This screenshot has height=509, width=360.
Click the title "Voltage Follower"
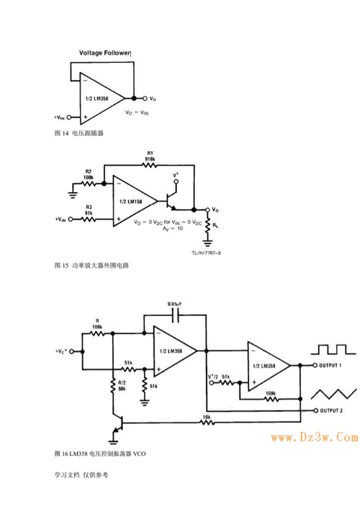coord(104,53)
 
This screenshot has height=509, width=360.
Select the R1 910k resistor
coord(149,166)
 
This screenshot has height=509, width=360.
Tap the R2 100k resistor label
coord(89,174)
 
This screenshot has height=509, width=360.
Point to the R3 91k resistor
coord(88,218)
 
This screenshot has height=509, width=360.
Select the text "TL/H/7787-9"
coord(206,252)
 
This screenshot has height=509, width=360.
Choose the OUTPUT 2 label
coord(331,410)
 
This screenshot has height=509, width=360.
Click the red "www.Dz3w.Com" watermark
coord(314,437)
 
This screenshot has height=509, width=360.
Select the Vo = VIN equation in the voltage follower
coord(135,112)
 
